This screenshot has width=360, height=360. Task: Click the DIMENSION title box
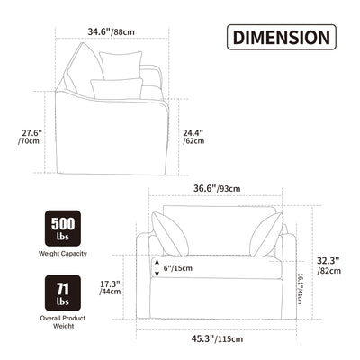click(282, 37)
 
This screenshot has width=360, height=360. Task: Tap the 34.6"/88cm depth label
click(111, 31)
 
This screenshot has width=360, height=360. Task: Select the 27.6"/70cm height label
click(31, 137)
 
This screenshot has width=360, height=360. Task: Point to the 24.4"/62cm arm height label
click(193, 137)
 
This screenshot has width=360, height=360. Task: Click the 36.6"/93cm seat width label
click(217, 188)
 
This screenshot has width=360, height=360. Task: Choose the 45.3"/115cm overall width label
click(218, 339)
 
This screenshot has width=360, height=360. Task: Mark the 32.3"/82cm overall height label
click(328, 265)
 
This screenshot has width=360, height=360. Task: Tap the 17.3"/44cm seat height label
click(110, 287)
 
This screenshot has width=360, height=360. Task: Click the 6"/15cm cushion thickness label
click(178, 268)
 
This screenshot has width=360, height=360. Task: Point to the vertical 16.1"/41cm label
click(300, 288)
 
